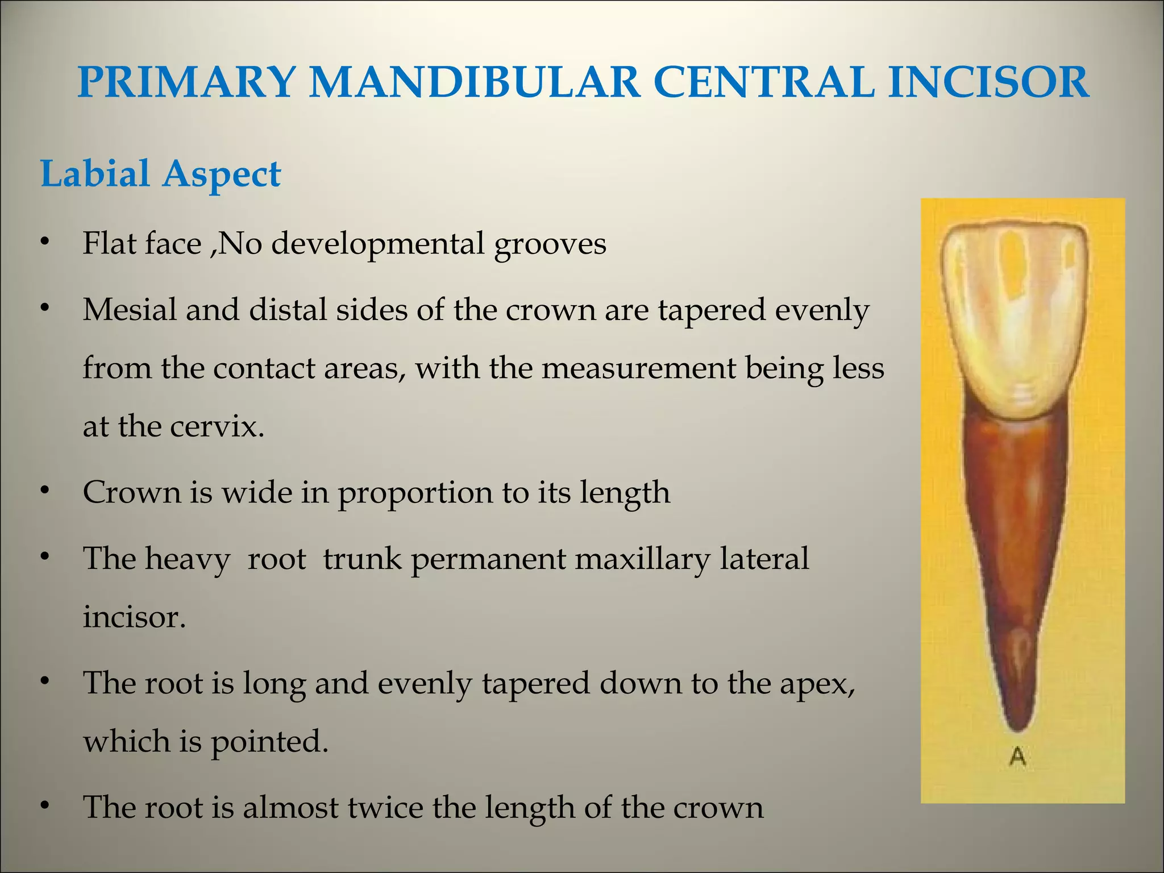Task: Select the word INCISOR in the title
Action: (988, 82)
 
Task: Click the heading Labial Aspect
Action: (161, 174)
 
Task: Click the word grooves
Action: (550, 244)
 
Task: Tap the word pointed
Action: (269, 741)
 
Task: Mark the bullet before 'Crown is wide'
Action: (45, 490)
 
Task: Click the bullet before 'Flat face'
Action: (45, 242)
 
